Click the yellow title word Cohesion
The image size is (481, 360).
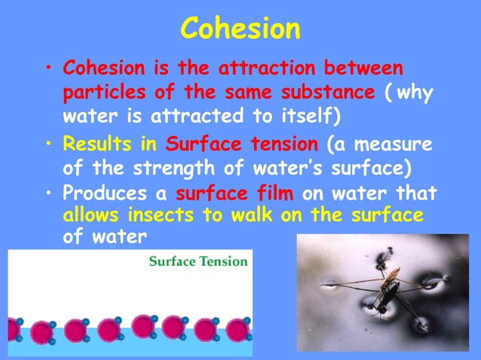pyautogui.click(x=240, y=29)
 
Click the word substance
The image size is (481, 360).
pyautogui.click(x=330, y=93)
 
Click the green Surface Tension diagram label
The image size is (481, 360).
pyautogui.click(x=198, y=262)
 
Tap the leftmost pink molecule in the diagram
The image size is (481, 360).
pyautogui.click(x=12, y=329)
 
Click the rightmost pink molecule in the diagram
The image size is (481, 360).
pyautogui.click(x=238, y=329)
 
